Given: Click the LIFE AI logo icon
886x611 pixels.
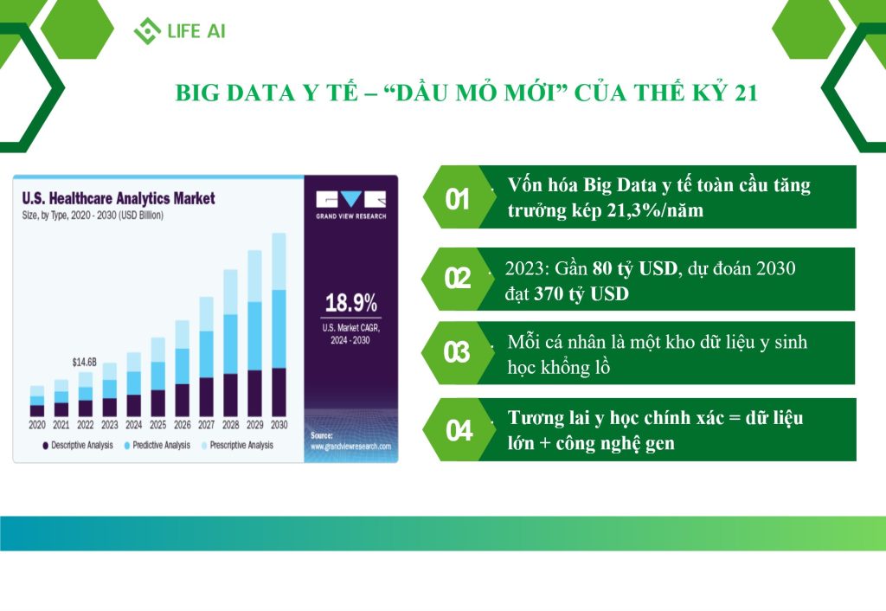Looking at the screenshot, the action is tap(147, 30).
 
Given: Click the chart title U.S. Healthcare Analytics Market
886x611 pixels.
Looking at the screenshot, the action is tap(119, 198).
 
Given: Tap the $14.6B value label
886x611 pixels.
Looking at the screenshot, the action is tap(85, 362).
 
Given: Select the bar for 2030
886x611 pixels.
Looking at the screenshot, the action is tap(279, 325).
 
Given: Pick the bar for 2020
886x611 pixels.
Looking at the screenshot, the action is tap(36, 402).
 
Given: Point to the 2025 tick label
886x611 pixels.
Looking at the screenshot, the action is tap(158, 424).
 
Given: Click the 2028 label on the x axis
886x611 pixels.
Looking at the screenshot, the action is tap(230, 424).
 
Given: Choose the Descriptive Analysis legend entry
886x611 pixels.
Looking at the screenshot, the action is tap(78, 446).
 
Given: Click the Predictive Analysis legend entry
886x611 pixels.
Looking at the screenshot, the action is tap(157, 446).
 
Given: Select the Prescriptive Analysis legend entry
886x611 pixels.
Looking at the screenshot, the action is tap(237, 446).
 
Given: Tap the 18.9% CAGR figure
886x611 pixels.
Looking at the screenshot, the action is tap(351, 303).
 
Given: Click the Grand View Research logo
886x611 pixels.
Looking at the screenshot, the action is tap(351, 204).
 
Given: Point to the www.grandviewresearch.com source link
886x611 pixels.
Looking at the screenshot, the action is tap(351, 447).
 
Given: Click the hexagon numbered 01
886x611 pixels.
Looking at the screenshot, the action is tap(457, 197).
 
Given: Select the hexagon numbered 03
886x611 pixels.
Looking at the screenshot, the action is tap(457, 353).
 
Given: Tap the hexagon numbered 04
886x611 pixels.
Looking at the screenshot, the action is tap(458, 429).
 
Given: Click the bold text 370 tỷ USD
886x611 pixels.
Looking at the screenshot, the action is tap(581, 294).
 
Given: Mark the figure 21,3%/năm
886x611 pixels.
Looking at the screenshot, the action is tap(656, 210).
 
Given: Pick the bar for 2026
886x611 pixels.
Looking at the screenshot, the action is tap(183, 369).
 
